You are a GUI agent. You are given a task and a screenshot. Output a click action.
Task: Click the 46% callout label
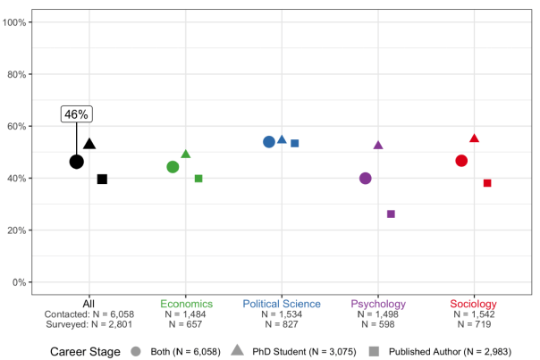(x=77, y=114)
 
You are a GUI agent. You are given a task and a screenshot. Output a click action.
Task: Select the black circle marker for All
(x=77, y=162)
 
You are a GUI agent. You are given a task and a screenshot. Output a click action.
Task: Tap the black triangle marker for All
(x=89, y=144)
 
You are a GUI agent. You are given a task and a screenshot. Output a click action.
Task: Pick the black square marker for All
(x=102, y=180)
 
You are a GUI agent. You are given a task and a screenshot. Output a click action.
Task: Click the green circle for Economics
(x=173, y=167)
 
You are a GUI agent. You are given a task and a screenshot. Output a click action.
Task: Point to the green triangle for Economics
(x=186, y=155)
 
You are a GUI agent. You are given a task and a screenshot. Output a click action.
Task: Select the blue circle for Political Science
(x=269, y=142)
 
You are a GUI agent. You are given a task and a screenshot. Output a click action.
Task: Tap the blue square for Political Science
(x=294, y=143)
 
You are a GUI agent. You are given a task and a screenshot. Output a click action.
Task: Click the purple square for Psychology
(x=391, y=213)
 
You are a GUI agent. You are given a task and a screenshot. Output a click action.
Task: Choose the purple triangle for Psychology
(x=378, y=145)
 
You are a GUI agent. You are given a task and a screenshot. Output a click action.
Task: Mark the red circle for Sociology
(x=461, y=161)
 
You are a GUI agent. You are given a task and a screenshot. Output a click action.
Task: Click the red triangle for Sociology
(x=474, y=138)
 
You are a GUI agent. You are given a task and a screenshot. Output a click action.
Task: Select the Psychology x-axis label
(x=378, y=304)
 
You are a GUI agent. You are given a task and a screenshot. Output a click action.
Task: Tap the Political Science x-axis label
(x=282, y=304)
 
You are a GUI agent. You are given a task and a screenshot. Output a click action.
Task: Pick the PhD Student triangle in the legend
(x=238, y=350)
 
